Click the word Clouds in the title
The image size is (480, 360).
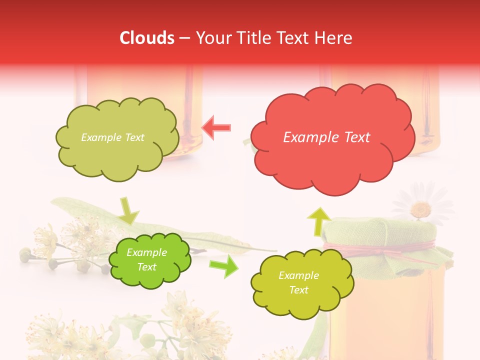point(147,38)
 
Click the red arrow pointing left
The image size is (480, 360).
point(216,128)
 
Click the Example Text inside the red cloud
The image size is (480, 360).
point(326,137)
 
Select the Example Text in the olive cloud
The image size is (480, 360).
point(112,137)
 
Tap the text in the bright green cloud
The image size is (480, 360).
point(146,259)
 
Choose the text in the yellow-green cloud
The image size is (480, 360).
point(298,282)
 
